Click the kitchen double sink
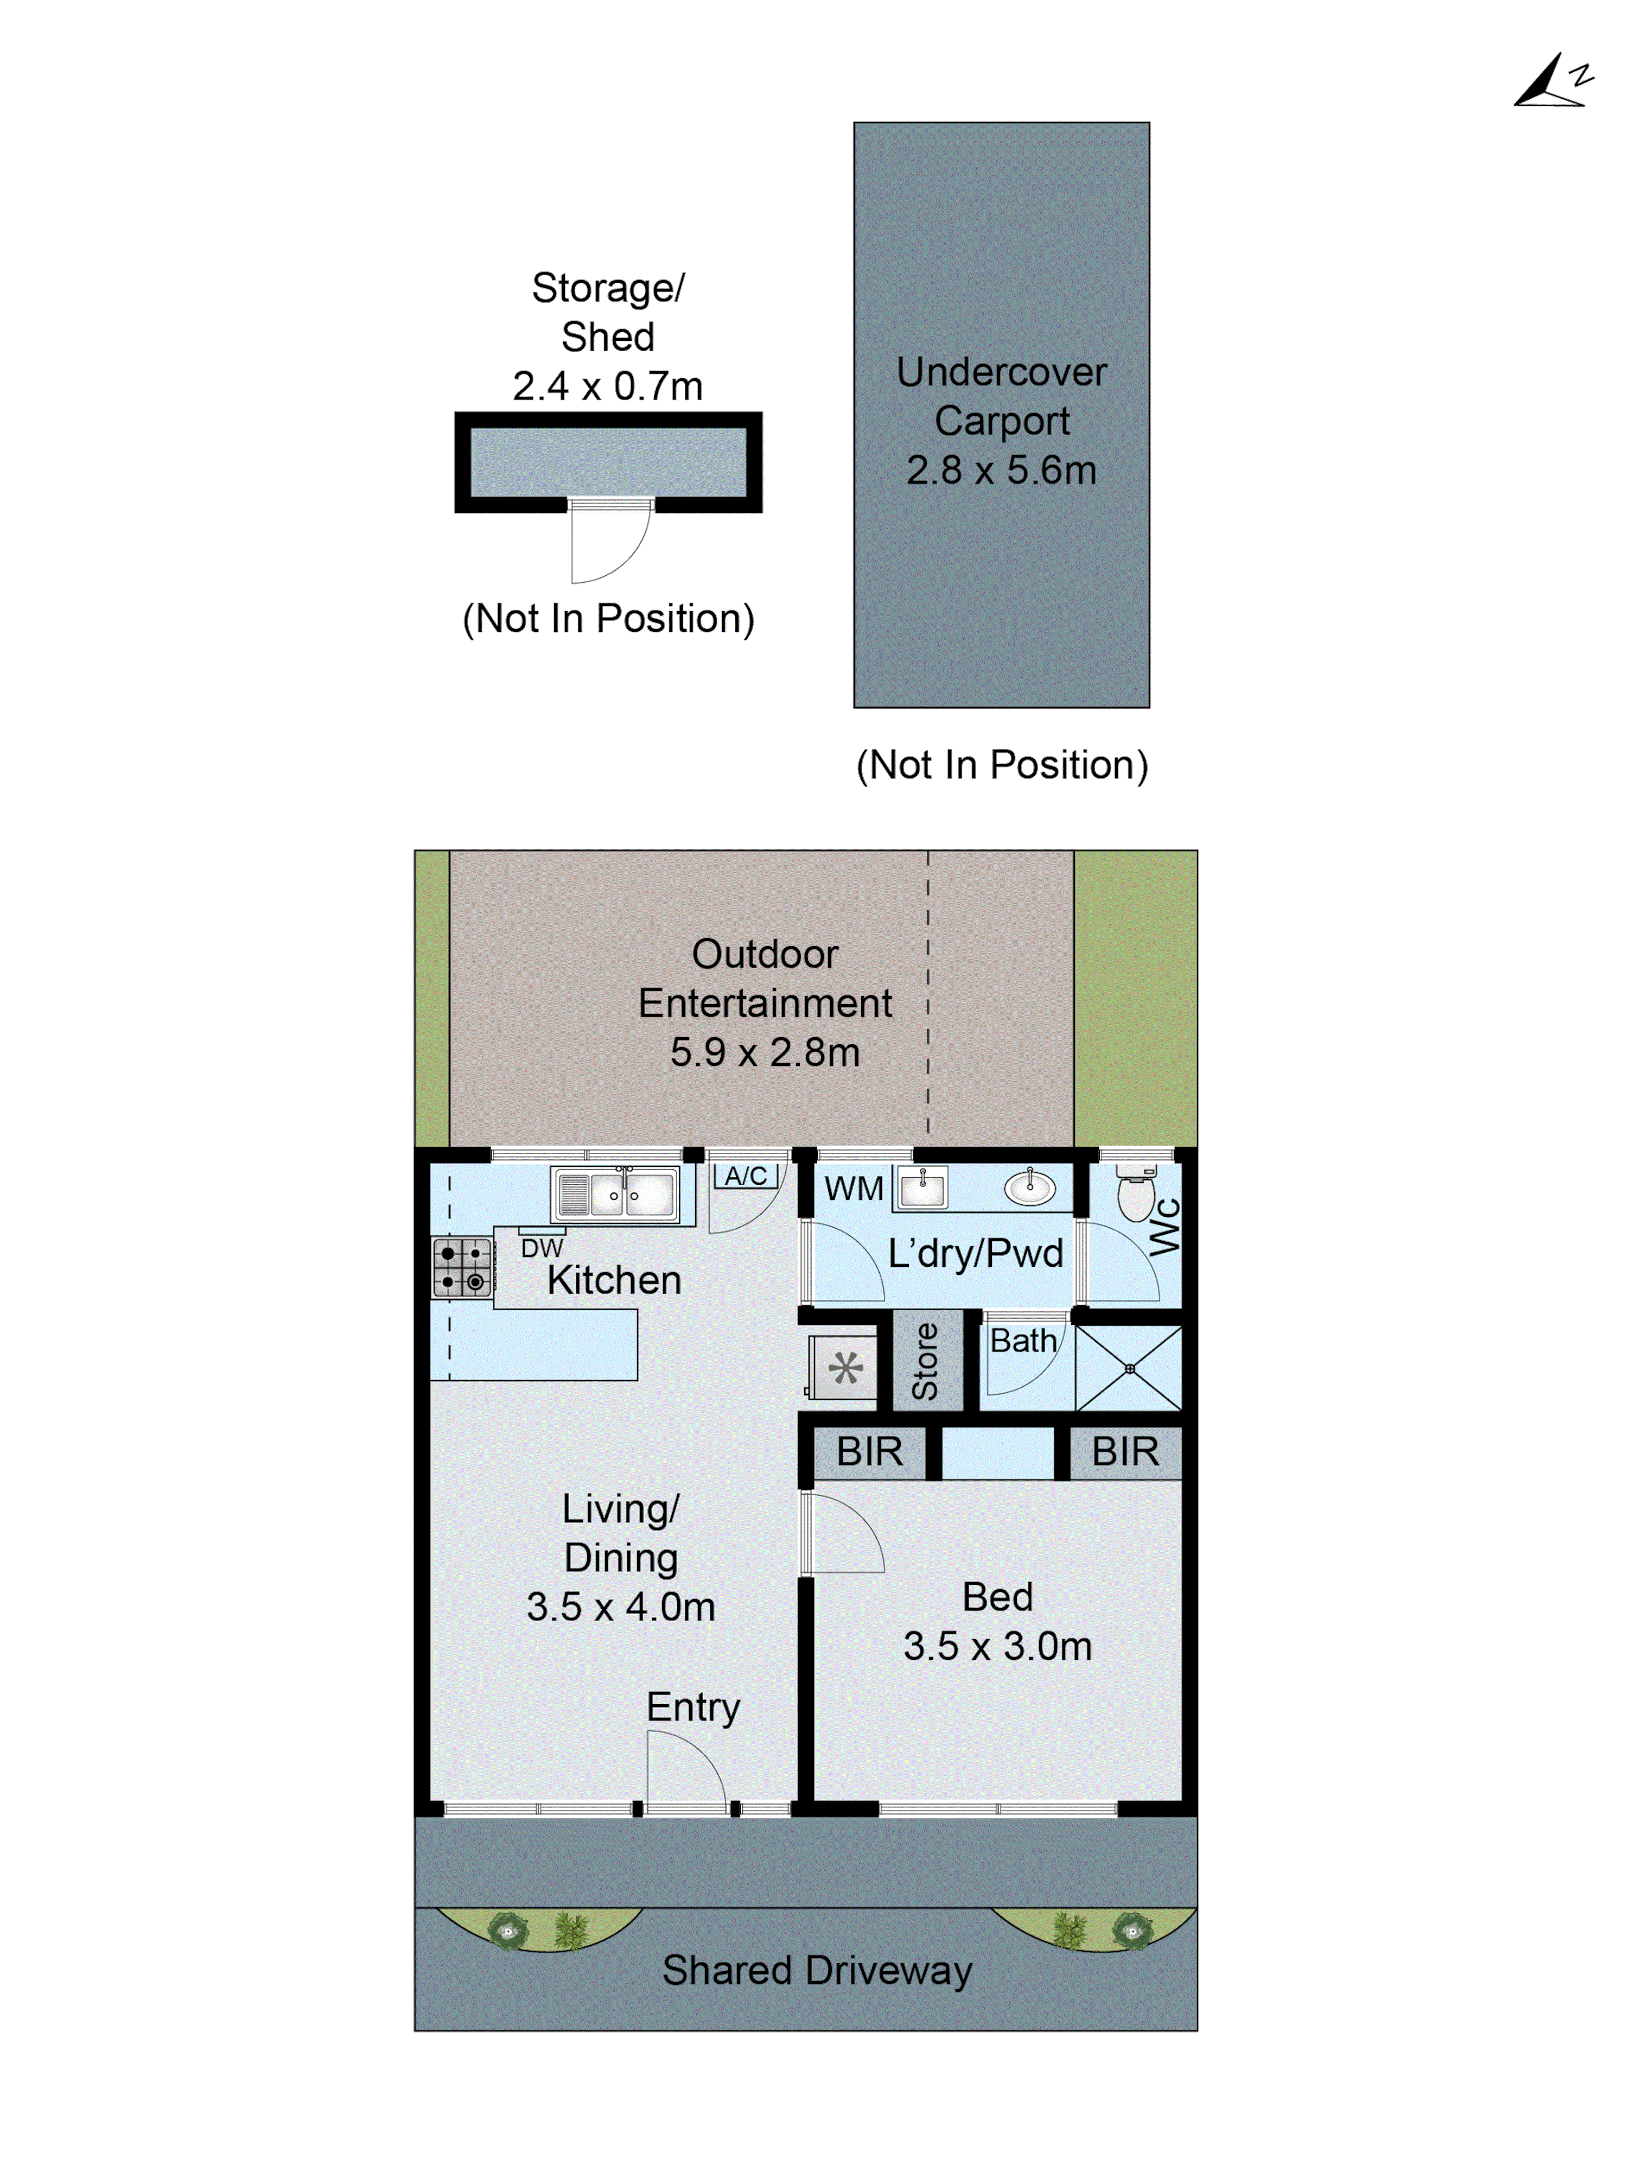pos(615,1195)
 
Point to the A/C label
pos(746,1176)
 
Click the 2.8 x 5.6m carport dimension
pos(1001,470)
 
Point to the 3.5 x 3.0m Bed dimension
pos(997,1647)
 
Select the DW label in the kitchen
pos(542,1248)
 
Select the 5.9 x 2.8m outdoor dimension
pos(765,1052)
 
